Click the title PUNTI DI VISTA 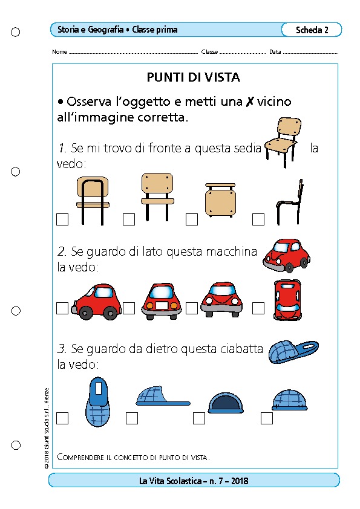tap(194, 77)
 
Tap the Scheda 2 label tap(312, 30)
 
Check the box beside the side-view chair tap(258, 219)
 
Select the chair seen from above tap(220, 200)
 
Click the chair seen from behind tap(93, 201)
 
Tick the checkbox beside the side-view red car tap(62, 308)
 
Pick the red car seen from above tap(287, 300)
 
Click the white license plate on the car tap(162, 305)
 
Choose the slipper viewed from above tap(98, 401)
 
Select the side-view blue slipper tap(163, 396)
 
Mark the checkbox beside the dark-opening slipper tap(199, 418)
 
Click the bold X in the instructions tap(249, 102)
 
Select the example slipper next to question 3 tap(293, 352)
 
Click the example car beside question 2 tap(287, 256)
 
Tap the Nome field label tap(59, 51)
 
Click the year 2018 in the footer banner tap(240, 481)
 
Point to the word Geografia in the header tap(106, 30)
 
